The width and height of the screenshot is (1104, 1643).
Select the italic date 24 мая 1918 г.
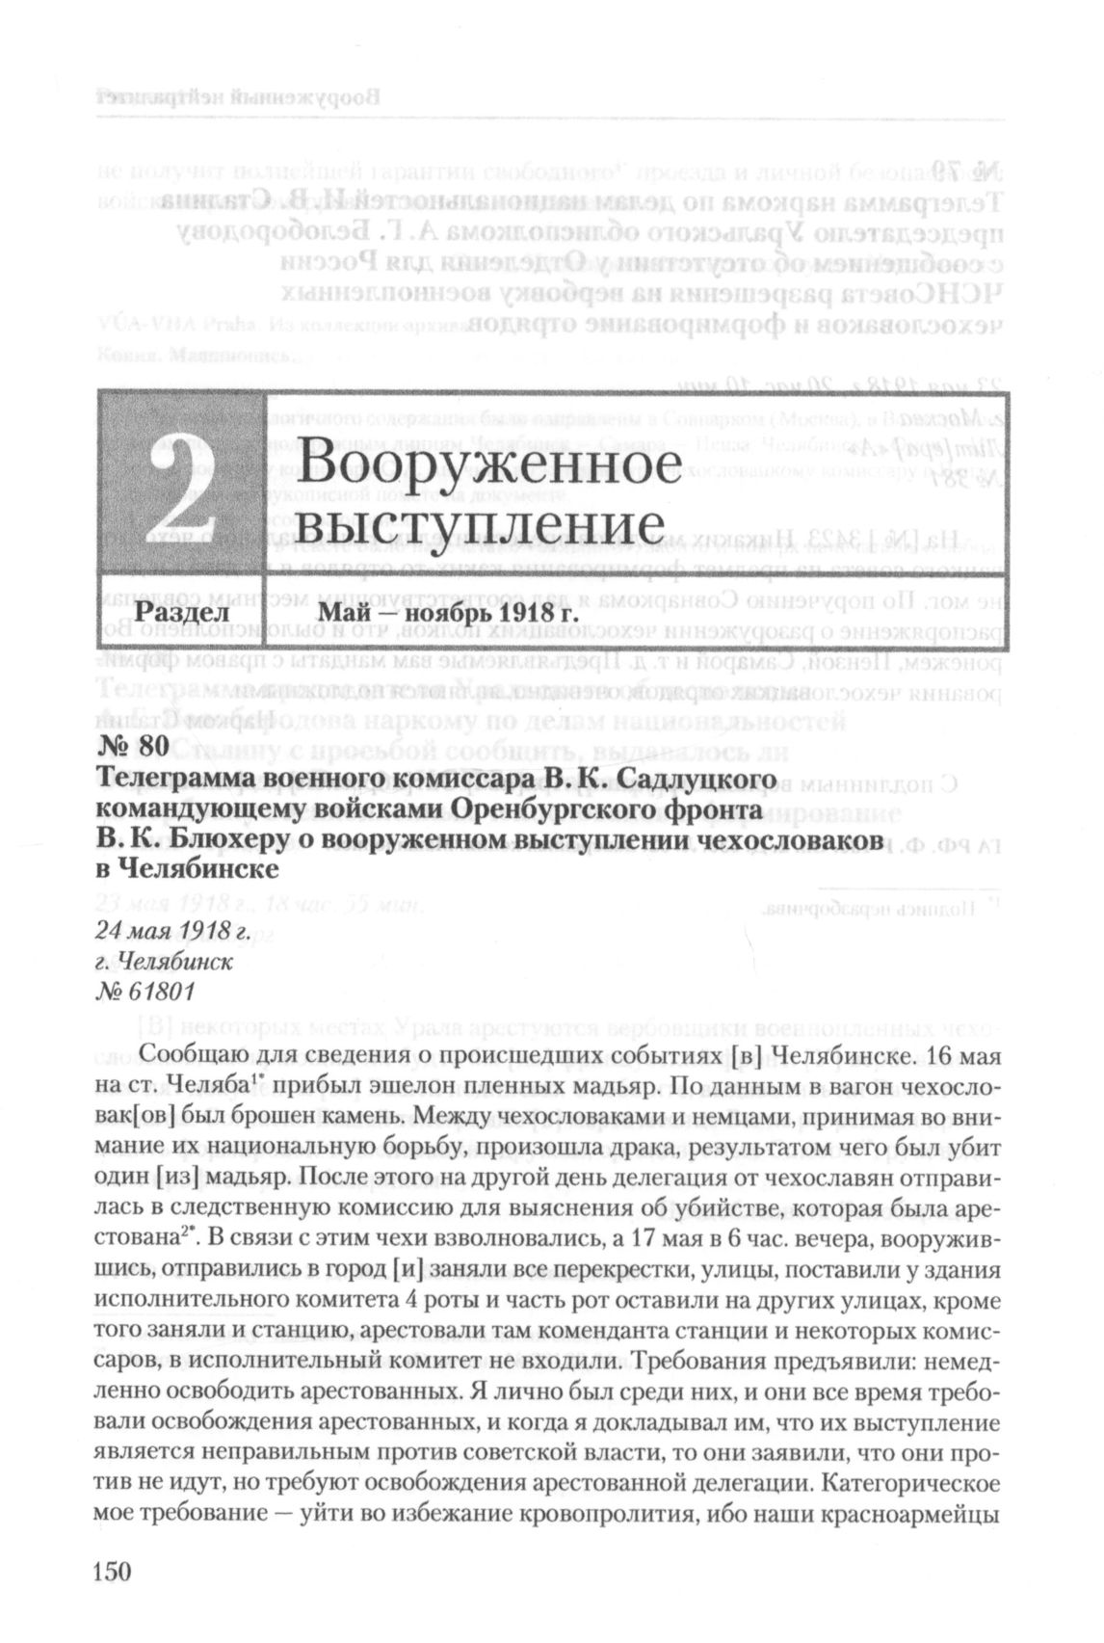[172, 931]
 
